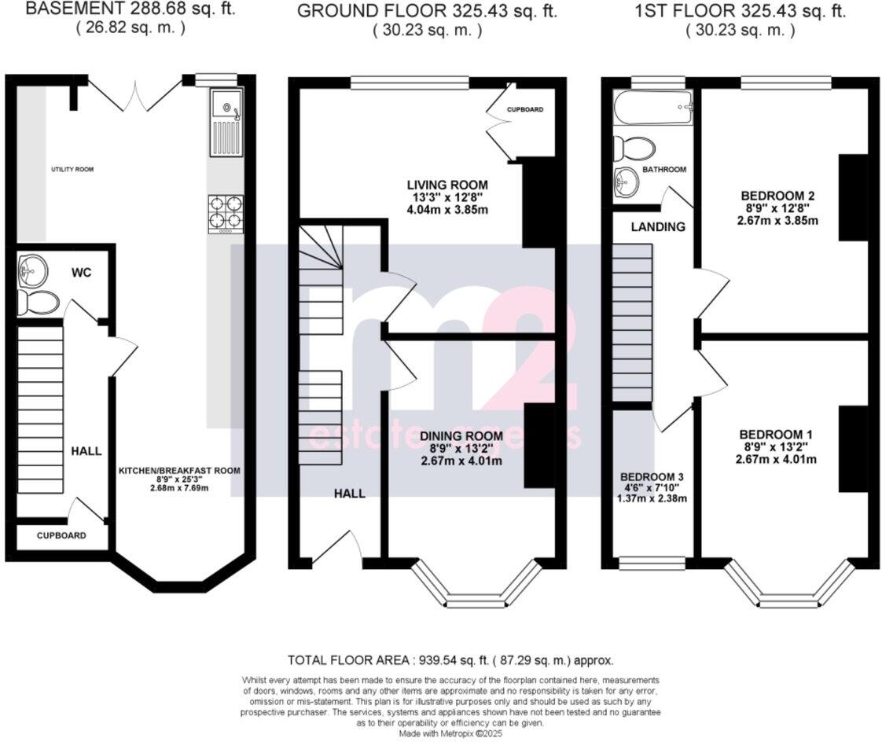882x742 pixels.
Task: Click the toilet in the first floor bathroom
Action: click(x=634, y=147)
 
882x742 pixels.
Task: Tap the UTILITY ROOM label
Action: click(x=68, y=169)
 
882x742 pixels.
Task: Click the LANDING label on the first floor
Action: click(x=657, y=226)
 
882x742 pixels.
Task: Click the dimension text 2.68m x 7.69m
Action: click(x=179, y=487)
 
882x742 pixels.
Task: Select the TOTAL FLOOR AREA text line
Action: click(x=450, y=660)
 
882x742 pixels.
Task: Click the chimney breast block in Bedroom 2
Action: click(x=853, y=197)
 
